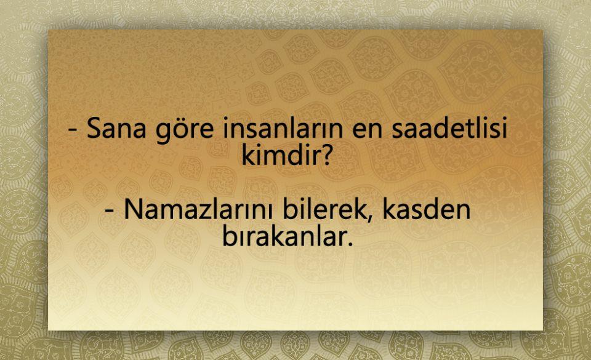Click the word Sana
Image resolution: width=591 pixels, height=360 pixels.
tap(116, 129)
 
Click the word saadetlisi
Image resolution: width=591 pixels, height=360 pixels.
tap(449, 128)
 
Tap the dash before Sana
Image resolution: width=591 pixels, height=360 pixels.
tap(73, 130)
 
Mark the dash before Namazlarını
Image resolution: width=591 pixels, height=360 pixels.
tap(110, 212)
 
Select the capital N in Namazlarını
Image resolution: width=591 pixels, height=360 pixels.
tap(133, 210)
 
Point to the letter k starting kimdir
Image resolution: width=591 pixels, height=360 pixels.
tap(247, 154)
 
